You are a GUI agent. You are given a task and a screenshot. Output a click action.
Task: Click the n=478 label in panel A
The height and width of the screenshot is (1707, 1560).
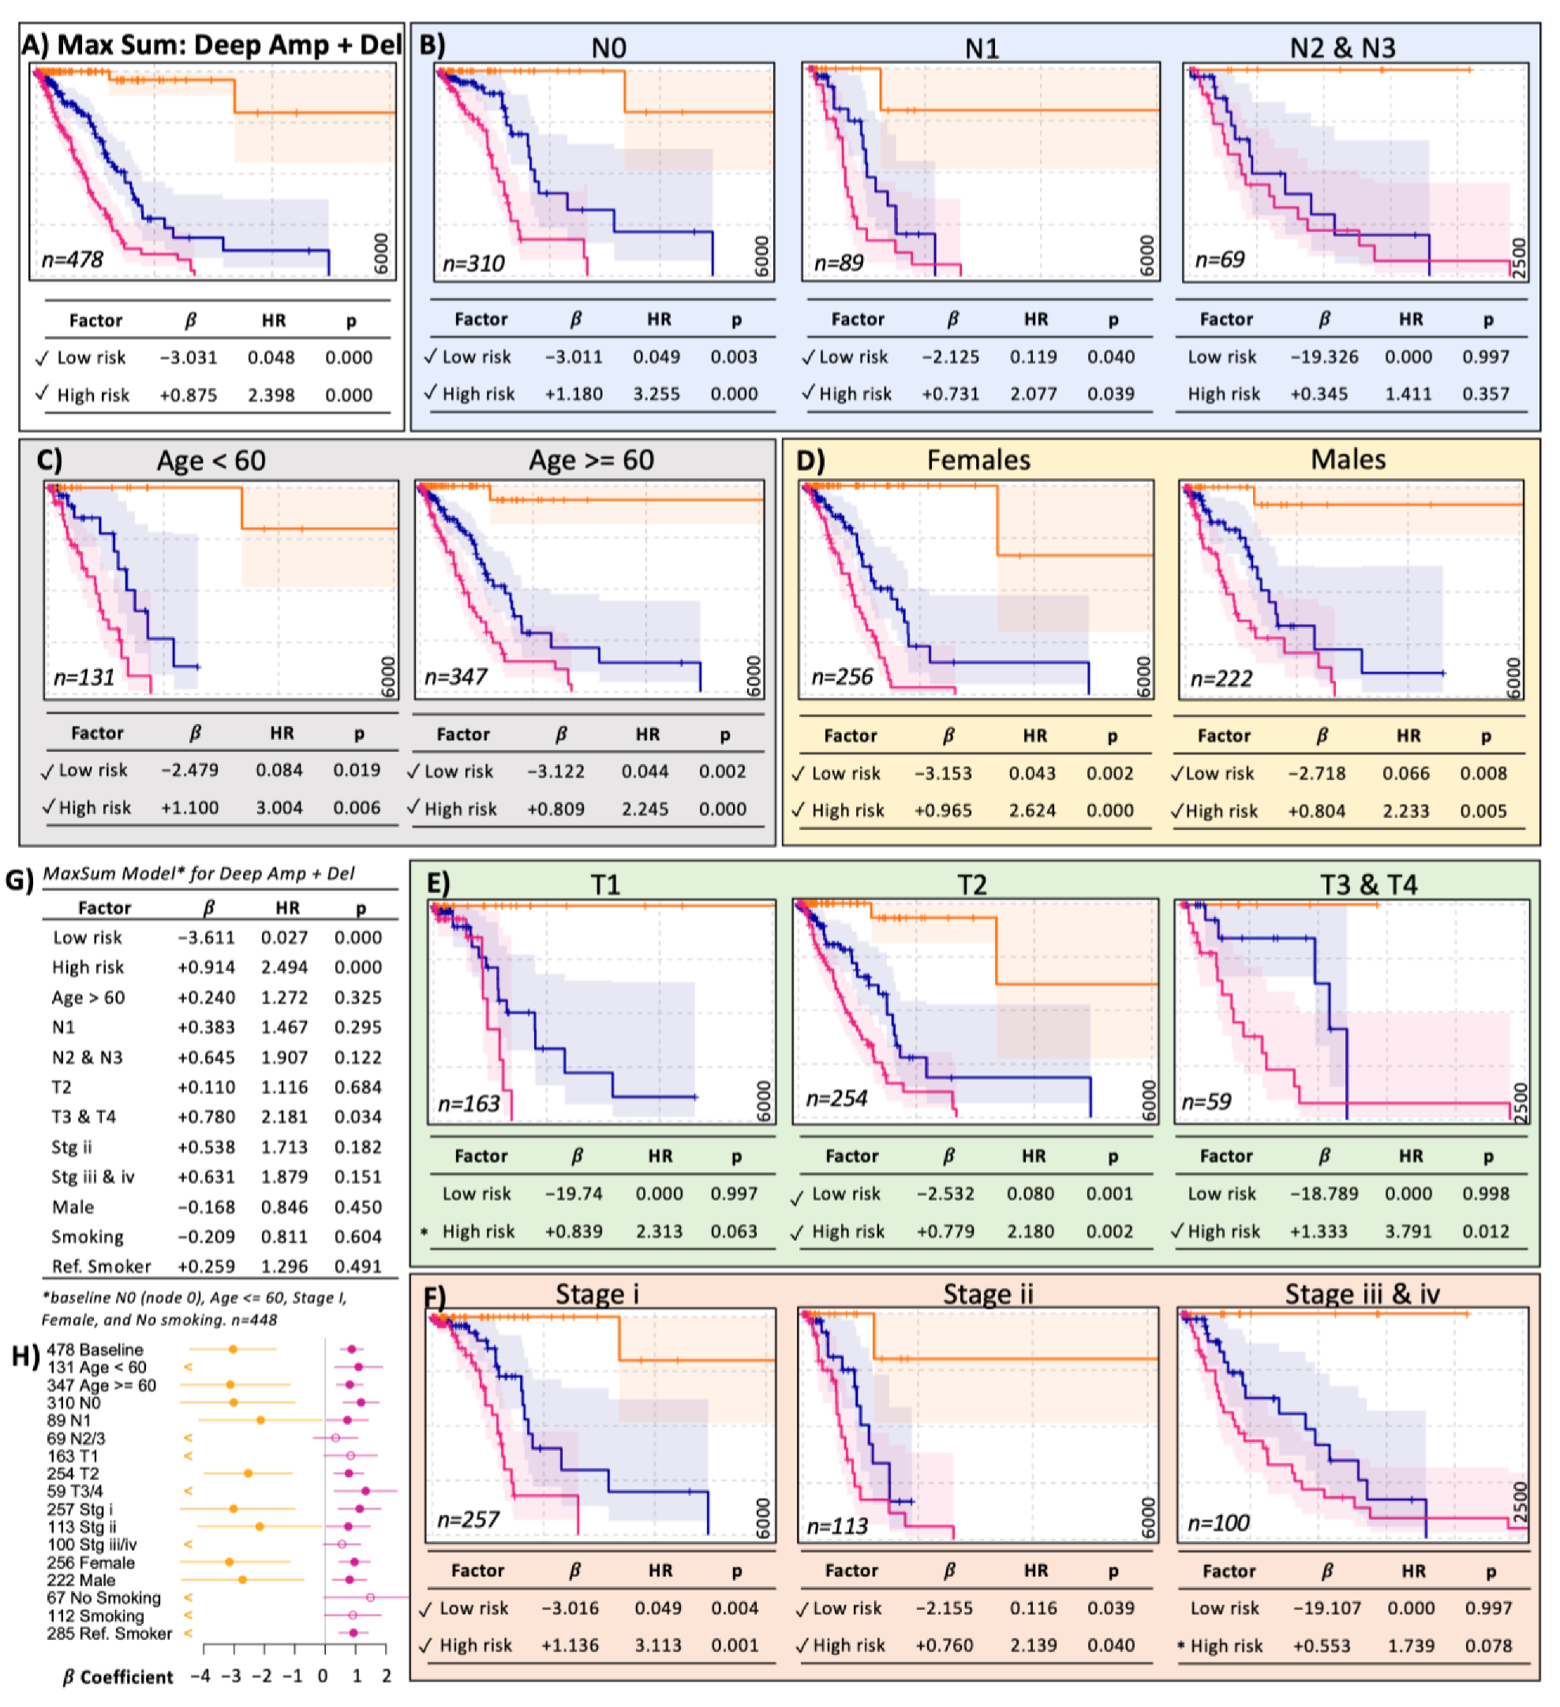click(x=72, y=259)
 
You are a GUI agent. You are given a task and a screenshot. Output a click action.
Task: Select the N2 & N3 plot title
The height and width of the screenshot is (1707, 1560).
click(x=1342, y=47)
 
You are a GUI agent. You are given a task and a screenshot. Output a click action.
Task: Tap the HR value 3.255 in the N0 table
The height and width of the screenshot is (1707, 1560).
click(x=657, y=394)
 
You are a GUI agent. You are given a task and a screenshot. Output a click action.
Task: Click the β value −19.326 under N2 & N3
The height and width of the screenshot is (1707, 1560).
click(x=1324, y=357)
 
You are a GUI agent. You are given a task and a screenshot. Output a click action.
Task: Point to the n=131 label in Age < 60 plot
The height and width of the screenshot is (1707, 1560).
click(x=84, y=678)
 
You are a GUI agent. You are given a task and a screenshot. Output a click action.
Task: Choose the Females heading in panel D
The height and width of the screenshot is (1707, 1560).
click(x=978, y=460)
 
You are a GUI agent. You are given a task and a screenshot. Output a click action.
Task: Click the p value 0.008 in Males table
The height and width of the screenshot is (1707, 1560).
click(x=1483, y=773)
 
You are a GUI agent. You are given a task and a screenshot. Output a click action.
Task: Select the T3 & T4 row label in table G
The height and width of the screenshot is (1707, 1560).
click(x=84, y=1117)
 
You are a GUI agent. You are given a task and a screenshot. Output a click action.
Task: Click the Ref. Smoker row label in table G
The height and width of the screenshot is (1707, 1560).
click(x=102, y=1266)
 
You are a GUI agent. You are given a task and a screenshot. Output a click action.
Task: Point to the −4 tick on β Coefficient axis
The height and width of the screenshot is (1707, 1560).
click(x=200, y=1675)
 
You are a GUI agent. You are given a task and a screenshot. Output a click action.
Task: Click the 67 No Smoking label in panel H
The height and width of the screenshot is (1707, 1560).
click(x=103, y=1598)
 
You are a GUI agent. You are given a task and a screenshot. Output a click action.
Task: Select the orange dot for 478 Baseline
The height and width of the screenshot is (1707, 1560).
click(x=233, y=1349)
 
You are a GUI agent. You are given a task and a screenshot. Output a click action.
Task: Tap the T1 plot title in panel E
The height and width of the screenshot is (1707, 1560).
click(x=604, y=885)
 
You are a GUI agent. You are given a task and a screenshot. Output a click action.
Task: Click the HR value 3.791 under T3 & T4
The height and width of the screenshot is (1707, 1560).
click(x=1408, y=1231)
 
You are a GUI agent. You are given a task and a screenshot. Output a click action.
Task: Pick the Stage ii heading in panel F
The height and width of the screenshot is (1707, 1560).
click(x=989, y=1294)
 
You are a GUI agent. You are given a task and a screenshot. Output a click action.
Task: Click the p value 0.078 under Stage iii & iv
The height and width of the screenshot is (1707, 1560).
click(x=1488, y=1645)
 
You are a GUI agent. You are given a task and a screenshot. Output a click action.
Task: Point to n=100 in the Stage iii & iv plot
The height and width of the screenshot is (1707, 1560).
click(x=1218, y=1523)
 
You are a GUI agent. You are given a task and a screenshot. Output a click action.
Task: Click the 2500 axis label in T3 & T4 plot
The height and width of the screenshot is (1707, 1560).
click(x=1521, y=1102)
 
